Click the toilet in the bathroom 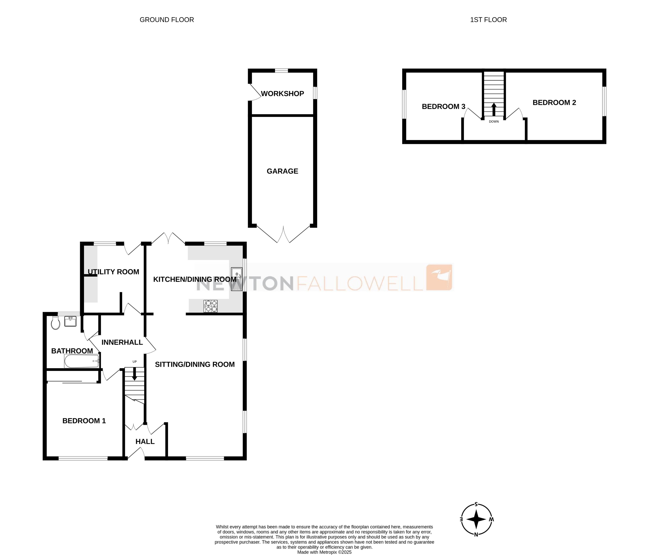[55, 323]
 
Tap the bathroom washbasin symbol [70, 321]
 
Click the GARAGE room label [282, 171]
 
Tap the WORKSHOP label [282, 94]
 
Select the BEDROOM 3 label [443, 107]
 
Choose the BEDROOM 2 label [554, 103]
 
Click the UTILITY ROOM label [113, 272]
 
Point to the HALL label [145, 442]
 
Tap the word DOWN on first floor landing [494, 122]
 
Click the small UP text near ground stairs [135, 362]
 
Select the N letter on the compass [476, 535]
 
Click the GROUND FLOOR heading [167, 20]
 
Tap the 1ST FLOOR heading [488, 20]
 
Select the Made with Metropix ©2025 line [324, 552]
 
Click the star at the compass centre [476, 520]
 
